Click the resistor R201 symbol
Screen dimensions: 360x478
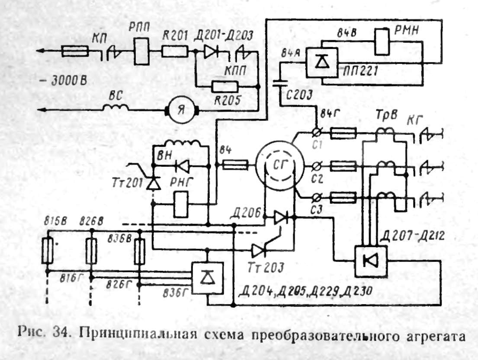(x=174, y=53)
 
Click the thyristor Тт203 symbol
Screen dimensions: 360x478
(x=260, y=250)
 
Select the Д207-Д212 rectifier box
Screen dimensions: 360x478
(x=370, y=260)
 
